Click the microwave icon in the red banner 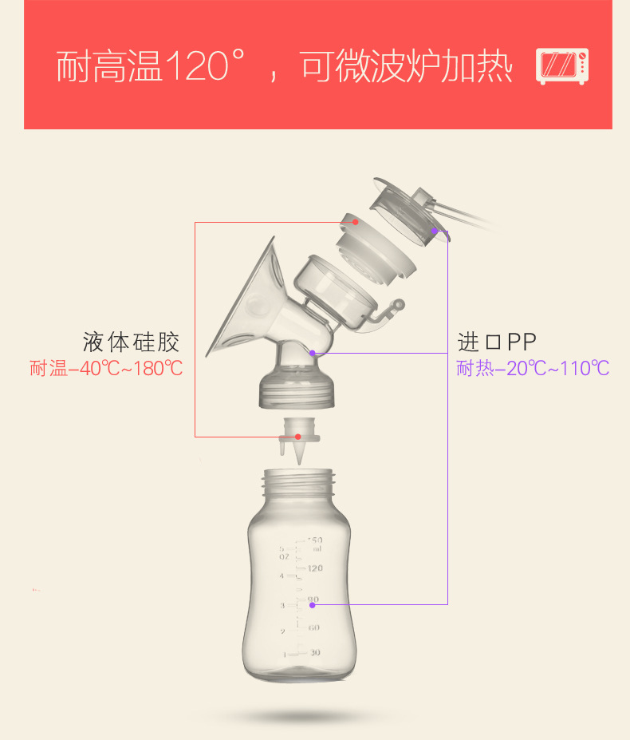pyautogui.click(x=563, y=66)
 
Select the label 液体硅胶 pyautogui.click(x=131, y=342)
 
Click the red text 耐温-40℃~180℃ pyautogui.click(x=106, y=369)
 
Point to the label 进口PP pyautogui.click(x=497, y=342)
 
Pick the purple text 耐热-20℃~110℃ pyautogui.click(x=533, y=369)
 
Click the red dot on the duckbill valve pyautogui.click(x=297, y=437)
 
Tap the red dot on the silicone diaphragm pyautogui.click(x=356, y=222)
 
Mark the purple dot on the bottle pyautogui.click(x=312, y=604)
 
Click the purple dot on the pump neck pyautogui.click(x=313, y=352)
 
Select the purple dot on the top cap pyautogui.click(x=435, y=231)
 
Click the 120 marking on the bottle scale pyautogui.click(x=314, y=569)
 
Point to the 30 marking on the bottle pyautogui.click(x=315, y=652)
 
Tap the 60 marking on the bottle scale pyautogui.click(x=314, y=627)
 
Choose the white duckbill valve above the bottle pyautogui.click(x=297, y=444)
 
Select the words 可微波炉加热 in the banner pyautogui.click(x=407, y=67)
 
